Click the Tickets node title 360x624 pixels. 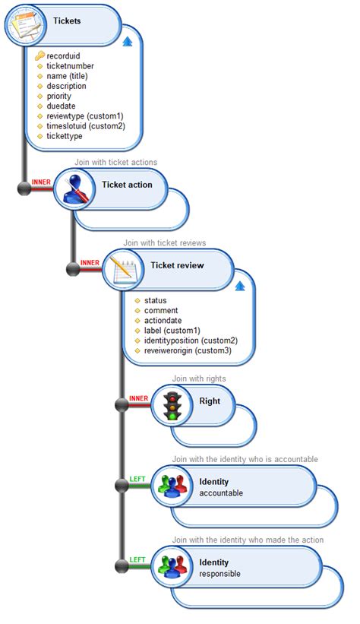[x=67, y=21]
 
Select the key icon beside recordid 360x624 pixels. [x=40, y=55]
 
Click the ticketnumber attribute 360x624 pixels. [x=71, y=66]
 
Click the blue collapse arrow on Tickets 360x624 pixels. [x=128, y=41]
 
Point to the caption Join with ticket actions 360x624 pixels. [x=115, y=162]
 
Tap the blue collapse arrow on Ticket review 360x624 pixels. [x=240, y=287]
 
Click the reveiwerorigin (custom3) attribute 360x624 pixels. [x=188, y=350]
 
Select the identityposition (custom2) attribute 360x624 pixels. [x=191, y=341]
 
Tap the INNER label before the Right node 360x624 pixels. [x=138, y=398]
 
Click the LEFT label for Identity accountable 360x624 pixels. [x=137, y=479]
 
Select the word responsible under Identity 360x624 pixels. [x=219, y=574]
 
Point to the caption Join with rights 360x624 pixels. [x=198, y=378]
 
